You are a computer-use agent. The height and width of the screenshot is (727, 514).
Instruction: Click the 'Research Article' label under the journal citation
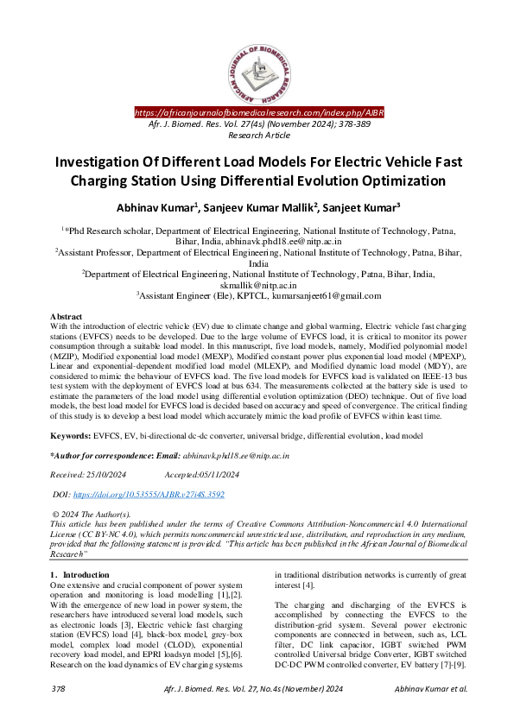[257, 136]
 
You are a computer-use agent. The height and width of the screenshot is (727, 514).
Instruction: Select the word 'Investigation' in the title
[92, 162]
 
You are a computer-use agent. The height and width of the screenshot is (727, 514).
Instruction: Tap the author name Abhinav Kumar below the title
[158, 208]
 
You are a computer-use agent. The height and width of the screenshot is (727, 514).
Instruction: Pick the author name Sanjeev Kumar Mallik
[253, 208]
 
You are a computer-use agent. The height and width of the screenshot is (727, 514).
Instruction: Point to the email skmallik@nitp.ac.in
[258, 284]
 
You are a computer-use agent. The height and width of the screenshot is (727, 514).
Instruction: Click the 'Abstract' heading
[67, 318]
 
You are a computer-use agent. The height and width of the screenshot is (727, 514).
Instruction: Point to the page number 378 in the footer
[59, 713]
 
